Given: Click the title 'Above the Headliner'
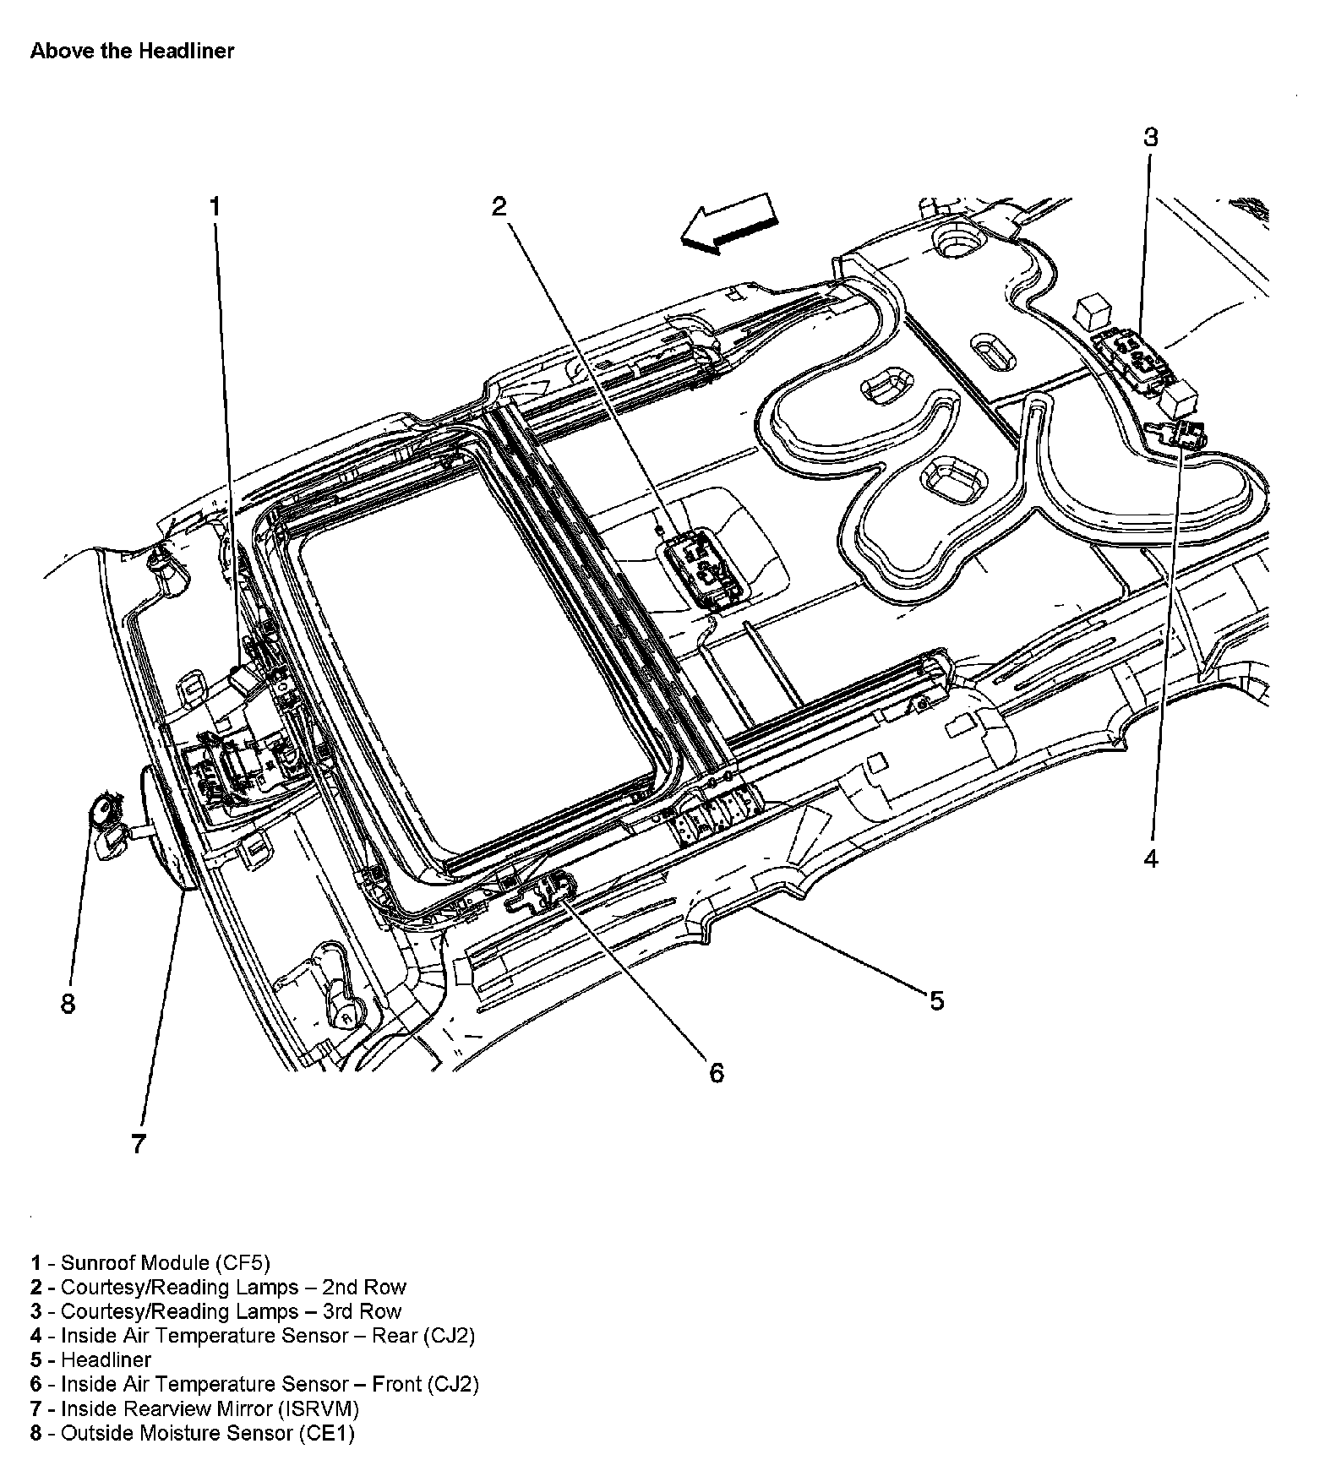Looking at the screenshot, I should click(132, 51).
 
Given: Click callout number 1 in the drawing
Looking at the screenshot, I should click(215, 206).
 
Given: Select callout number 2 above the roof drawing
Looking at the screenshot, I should click(499, 206).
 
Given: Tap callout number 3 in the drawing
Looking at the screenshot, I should click(1151, 137).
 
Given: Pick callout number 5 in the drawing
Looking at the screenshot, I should click(936, 1001).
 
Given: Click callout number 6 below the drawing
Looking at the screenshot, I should click(716, 1073).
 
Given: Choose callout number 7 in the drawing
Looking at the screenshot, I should click(139, 1144).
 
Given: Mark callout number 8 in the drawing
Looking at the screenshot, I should click(68, 1004).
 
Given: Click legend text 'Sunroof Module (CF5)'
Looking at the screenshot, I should click(166, 1263).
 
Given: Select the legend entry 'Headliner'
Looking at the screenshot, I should click(106, 1359).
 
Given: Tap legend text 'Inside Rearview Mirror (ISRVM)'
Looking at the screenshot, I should click(210, 1408).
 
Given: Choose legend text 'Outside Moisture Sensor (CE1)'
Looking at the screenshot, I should click(208, 1433).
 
